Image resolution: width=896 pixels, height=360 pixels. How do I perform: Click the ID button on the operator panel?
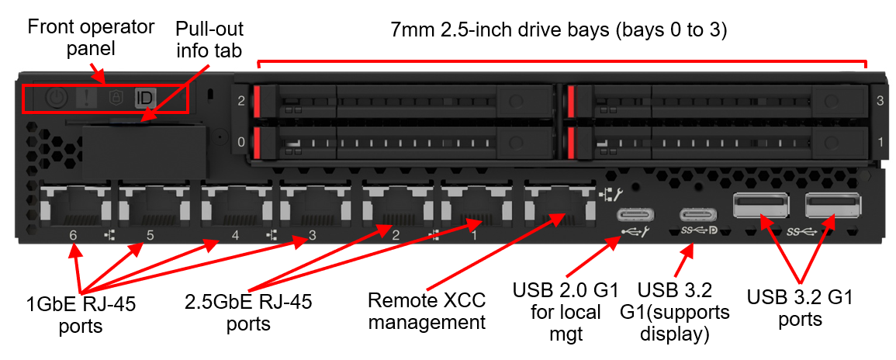144,99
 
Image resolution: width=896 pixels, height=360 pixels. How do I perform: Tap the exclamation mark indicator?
86,99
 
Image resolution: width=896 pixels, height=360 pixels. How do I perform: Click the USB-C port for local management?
632,216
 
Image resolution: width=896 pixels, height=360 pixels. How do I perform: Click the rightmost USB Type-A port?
832,206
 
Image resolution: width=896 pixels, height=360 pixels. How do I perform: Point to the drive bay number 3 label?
880,101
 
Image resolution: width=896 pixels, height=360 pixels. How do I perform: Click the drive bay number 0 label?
241,142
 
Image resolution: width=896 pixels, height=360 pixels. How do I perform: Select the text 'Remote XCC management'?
427,311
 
